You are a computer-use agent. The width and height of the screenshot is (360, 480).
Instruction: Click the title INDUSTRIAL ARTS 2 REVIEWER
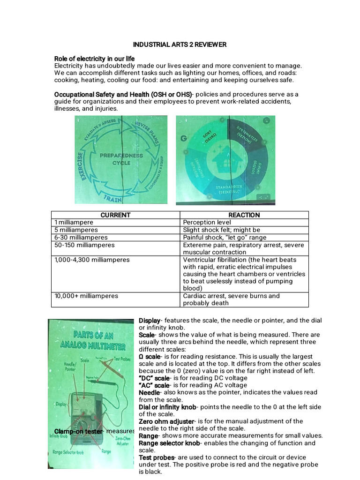pyautogui.click(x=180, y=45)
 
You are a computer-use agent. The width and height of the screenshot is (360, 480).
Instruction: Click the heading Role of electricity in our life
pyautogui.click(x=94, y=59)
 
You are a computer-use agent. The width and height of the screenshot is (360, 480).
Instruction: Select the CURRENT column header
pyautogui.click(x=115, y=215)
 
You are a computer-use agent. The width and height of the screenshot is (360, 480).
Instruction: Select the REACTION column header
pyautogui.click(x=244, y=215)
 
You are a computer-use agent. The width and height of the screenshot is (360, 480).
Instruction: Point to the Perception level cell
pyautogui.click(x=207, y=222)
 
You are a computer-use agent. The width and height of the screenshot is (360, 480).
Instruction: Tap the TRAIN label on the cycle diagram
pyautogui.click(x=113, y=198)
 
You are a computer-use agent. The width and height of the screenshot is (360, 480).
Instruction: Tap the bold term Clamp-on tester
pyautogui.click(x=79, y=431)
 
